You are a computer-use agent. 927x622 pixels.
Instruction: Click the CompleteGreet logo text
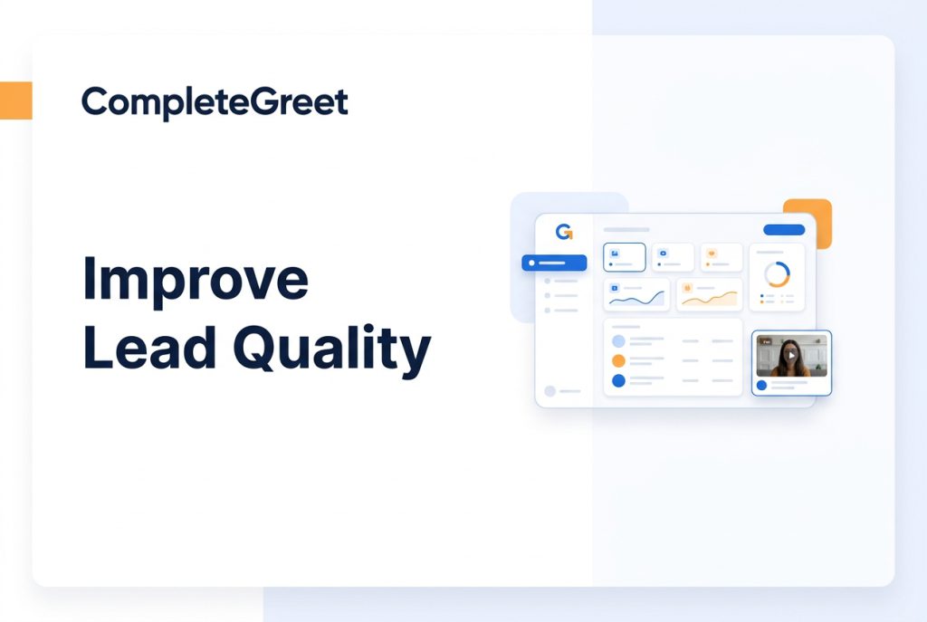215,102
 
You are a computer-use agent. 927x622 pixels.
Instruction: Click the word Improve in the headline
196,279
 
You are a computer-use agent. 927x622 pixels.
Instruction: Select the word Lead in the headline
149,347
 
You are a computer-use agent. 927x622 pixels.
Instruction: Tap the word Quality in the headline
332,351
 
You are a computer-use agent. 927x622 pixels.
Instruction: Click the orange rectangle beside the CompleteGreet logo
16,100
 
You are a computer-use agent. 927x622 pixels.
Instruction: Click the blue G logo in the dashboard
564,232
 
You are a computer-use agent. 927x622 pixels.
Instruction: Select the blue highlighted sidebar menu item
554,263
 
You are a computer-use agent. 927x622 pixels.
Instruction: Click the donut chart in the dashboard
777,274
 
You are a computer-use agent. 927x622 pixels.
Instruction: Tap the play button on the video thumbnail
791,355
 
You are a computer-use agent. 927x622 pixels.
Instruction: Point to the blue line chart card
636,294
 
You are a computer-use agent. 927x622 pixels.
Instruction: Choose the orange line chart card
710,294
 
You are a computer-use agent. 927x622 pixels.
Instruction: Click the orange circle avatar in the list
618,360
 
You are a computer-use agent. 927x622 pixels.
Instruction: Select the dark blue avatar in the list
618,381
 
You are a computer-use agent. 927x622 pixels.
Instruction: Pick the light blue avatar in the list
618,341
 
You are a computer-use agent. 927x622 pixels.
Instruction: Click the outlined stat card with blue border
625,257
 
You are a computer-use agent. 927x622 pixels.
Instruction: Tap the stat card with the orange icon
722,257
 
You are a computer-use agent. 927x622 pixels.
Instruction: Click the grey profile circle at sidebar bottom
550,391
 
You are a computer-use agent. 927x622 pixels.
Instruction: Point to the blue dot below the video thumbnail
761,386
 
